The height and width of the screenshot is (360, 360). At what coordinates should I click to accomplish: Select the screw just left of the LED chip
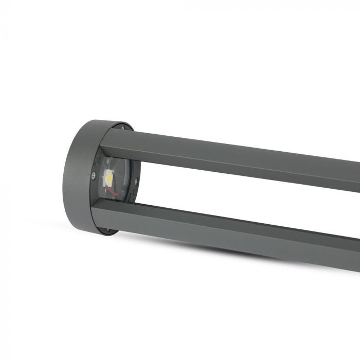(x=93, y=175)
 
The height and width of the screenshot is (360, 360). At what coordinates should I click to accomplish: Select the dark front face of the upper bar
(x=231, y=164)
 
